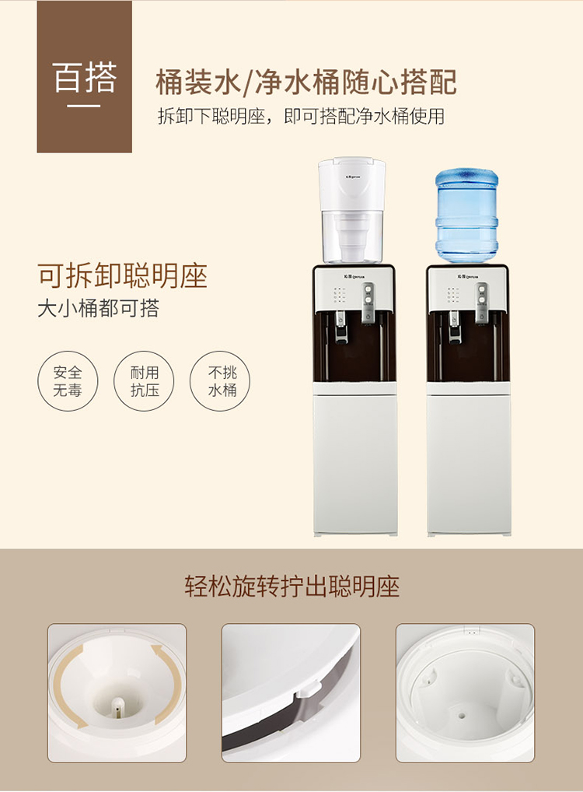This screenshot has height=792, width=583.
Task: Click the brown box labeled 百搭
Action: [x=84, y=76]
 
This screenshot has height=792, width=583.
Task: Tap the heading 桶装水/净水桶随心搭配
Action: [x=306, y=82]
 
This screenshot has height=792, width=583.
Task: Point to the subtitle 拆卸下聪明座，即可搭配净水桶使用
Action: [x=302, y=117]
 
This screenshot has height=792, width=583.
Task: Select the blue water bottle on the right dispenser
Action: [x=467, y=216]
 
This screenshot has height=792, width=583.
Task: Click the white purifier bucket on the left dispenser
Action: [x=352, y=210]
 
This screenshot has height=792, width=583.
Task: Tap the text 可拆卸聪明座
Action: [x=123, y=275]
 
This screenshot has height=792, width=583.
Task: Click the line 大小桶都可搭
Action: [x=99, y=308]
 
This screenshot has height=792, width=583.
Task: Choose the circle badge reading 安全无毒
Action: [x=68, y=381]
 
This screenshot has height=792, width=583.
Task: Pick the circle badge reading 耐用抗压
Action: [x=145, y=381]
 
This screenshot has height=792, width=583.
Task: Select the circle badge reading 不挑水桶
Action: [x=220, y=381]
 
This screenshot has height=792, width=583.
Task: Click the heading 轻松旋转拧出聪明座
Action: [x=291, y=587]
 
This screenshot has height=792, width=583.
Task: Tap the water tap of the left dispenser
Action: [x=341, y=326]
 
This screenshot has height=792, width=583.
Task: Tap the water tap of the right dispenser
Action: [x=454, y=326]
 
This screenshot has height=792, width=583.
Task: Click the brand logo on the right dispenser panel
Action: [x=468, y=276]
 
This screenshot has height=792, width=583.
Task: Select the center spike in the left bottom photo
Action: [x=117, y=706]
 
